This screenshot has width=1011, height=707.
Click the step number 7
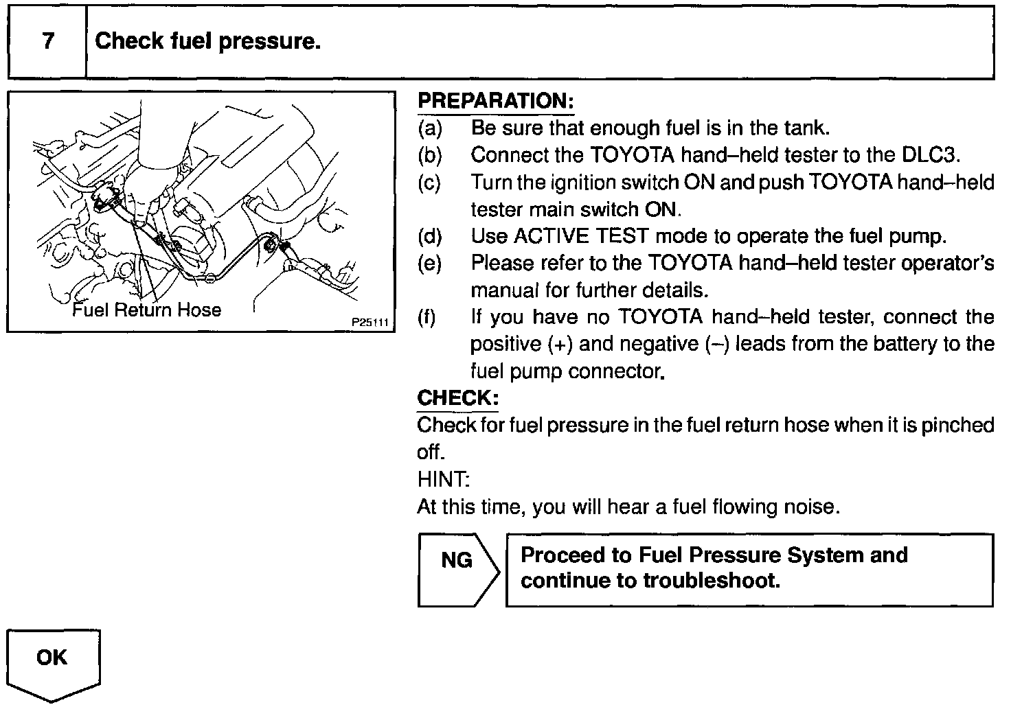click(x=47, y=41)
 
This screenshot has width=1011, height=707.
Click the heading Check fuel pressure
click(x=207, y=41)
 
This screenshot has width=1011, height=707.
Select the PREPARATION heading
click(x=495, y=101)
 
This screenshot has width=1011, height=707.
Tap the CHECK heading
click(x=457, y=397)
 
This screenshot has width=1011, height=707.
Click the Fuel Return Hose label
click(x=147, y=310)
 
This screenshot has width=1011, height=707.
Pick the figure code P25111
click(x=370, y=321)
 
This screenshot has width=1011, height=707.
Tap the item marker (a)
click(x=429, y=128)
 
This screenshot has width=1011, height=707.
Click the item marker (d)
click(x=429, y=236)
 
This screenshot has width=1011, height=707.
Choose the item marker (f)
click(x=427, y=317)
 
